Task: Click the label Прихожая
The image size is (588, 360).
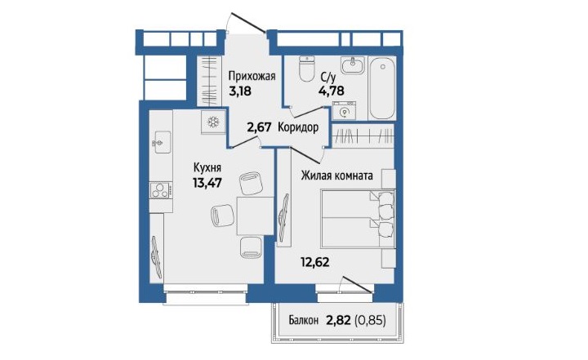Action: click(252, 77)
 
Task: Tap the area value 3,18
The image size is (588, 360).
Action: click(239, 91)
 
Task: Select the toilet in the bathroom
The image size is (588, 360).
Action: click(307, 69)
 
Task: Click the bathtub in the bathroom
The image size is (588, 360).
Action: click(382, 88)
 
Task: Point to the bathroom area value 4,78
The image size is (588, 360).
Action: click(331, 91)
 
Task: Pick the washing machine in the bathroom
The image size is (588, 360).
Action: click(344, 111)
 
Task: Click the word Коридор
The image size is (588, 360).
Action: click(298, 127)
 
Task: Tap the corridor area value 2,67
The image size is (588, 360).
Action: click(259, 128)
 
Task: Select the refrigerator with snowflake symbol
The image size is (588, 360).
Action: click(213, 122)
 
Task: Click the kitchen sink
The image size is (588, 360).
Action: click(162, 142)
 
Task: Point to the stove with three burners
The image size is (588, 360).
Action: click(161, 189)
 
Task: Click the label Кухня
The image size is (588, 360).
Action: click(207, 167)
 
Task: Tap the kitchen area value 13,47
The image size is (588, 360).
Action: click(207, 183)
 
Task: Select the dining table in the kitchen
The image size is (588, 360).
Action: click(255, 216)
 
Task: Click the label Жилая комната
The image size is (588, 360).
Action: click(336, 176)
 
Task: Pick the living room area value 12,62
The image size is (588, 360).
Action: click(314, 261)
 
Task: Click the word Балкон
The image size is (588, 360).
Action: click(303, 321)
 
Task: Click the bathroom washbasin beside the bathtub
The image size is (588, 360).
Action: click(353, 65)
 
